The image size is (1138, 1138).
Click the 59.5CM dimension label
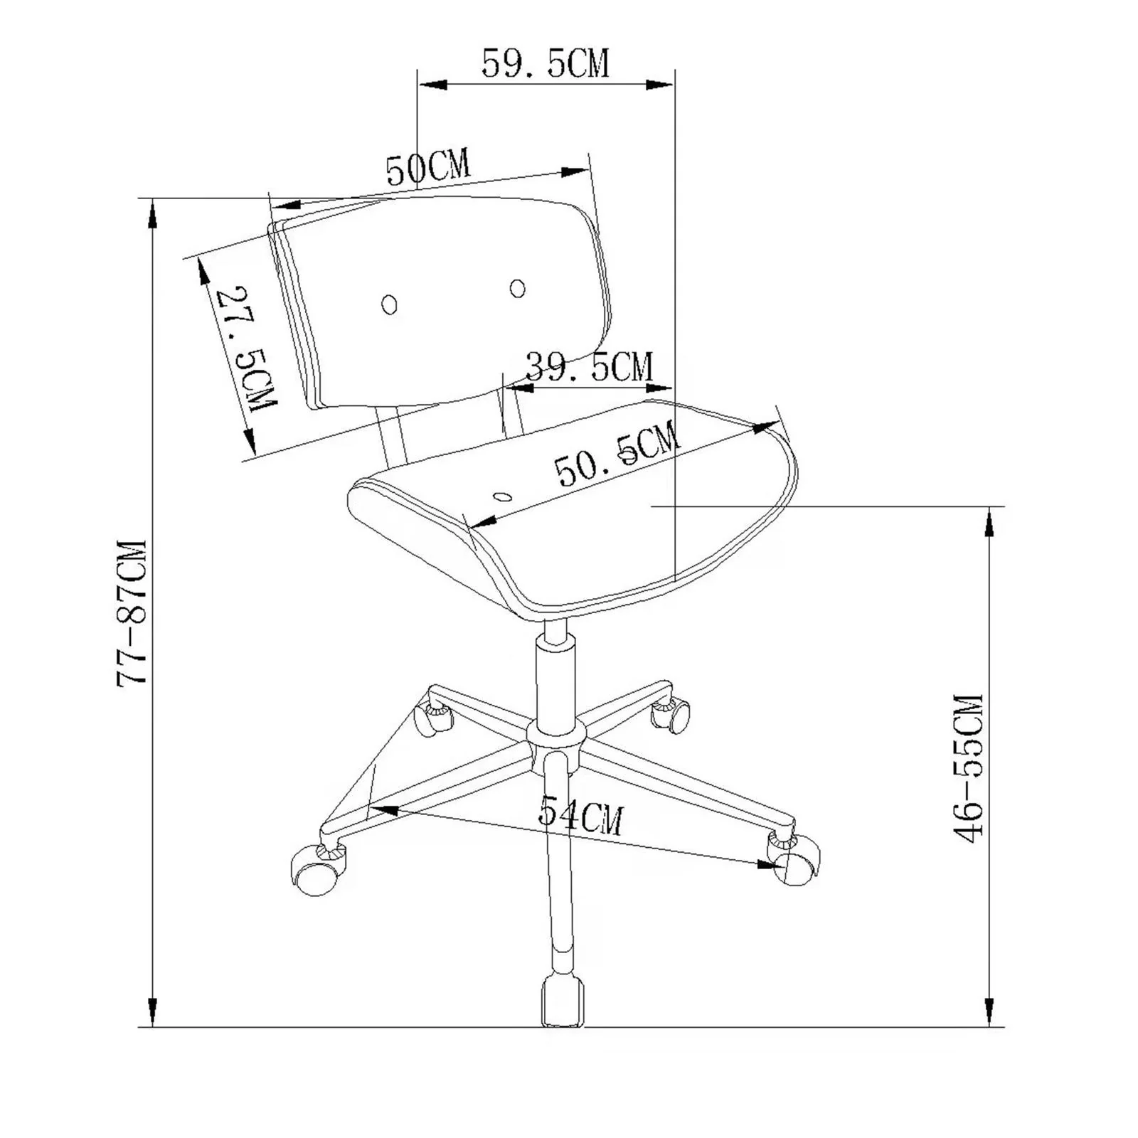click(546, 63)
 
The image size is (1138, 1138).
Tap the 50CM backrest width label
click(428, 168)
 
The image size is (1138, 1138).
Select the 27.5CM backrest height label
click(245, 348)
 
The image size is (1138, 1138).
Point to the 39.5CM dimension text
click(589, 368)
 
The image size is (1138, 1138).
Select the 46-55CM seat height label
click(967, 768)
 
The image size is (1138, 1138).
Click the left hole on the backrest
click(389, 304)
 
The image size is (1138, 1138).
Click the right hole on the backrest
click(518, 288)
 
